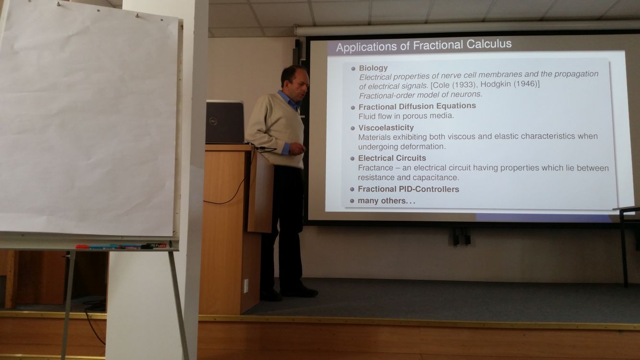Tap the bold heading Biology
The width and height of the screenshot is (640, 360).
coord(373,68)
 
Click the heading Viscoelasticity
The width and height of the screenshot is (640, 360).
coord(386,127)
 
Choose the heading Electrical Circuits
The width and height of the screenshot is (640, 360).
coord(392,158)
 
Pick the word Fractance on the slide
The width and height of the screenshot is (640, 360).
coord(375,168)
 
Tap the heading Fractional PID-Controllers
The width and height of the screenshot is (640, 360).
coord(409,189)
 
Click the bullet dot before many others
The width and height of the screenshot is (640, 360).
coord(352,201)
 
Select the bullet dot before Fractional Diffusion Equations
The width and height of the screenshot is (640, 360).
coord(353,108)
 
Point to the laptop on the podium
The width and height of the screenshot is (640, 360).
coord(225,122)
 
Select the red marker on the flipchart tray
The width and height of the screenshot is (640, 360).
coord(82,247)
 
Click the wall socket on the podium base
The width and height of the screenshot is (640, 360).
coord(246,286)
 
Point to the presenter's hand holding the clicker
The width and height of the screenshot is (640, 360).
coord(297,149)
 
